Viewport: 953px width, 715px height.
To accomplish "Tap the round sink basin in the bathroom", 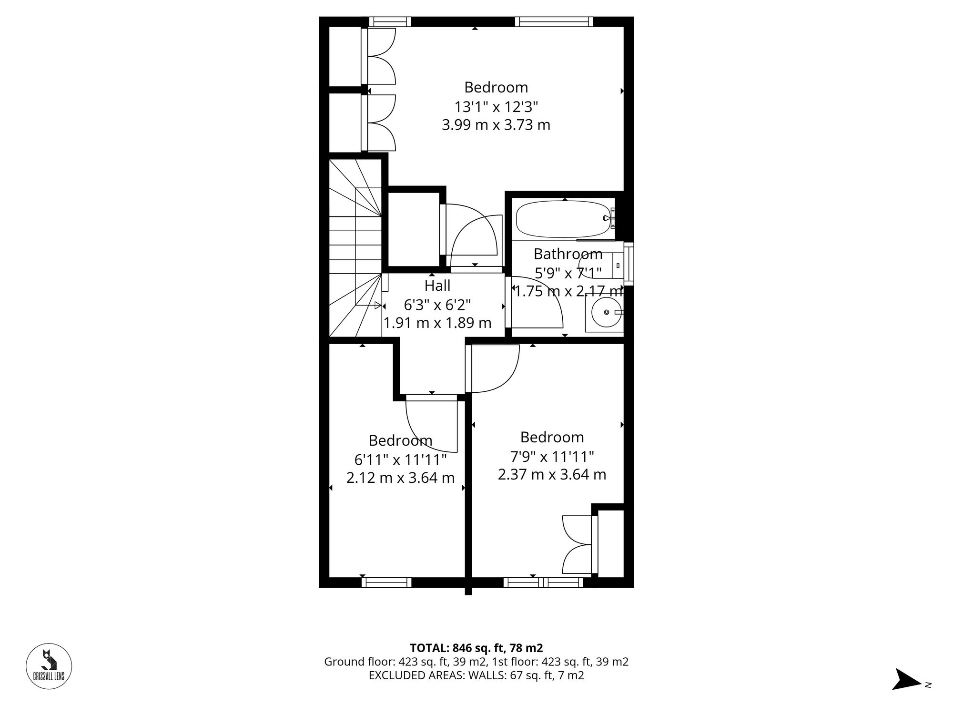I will [x=606, y=312].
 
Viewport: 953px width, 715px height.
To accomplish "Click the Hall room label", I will [x=437, y=286].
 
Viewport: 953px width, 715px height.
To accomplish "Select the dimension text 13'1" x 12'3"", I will [x=496, y=106].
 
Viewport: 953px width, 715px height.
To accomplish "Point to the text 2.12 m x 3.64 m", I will [x=400, y=478].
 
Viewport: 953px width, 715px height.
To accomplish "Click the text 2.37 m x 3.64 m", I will [x=552, y=475].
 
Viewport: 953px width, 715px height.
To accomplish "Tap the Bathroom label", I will [x=568, y=254].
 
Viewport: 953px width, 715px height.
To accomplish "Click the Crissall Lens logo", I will [x=49, y=666].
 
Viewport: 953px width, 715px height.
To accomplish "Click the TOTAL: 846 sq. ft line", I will [x=476, y=648].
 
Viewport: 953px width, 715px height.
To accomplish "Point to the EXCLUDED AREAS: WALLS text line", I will [x=476, y=675].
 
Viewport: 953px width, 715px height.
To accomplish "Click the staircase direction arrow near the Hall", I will [x=369, y=305].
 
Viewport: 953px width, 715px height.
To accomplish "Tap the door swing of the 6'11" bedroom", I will [x=431, y=424].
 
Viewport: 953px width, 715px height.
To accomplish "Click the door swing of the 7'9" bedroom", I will [x=493, y=369].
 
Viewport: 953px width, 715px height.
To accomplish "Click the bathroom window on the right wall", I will [x=629, y=264].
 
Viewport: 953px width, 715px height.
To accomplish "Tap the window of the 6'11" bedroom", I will [x=386, y=582].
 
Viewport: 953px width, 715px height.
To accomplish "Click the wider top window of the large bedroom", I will [x=554, y=21].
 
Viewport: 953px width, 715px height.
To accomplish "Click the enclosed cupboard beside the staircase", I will [x=413, y=229].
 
